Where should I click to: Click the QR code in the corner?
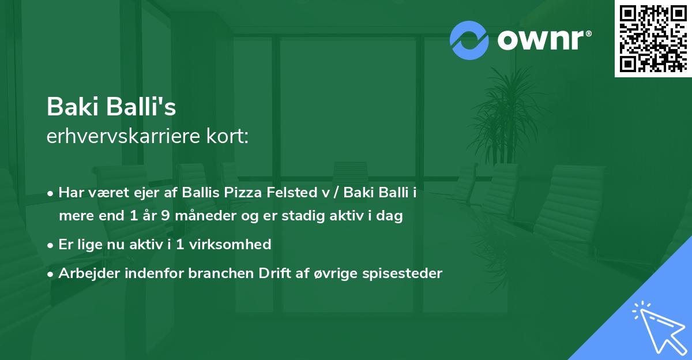653,38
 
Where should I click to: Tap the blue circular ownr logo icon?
469,40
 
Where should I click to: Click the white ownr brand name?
543,39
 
